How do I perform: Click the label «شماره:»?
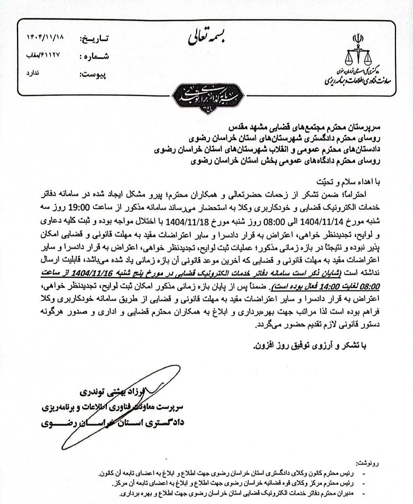tap(95, 57)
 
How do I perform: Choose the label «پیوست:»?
tap(95, 74)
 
